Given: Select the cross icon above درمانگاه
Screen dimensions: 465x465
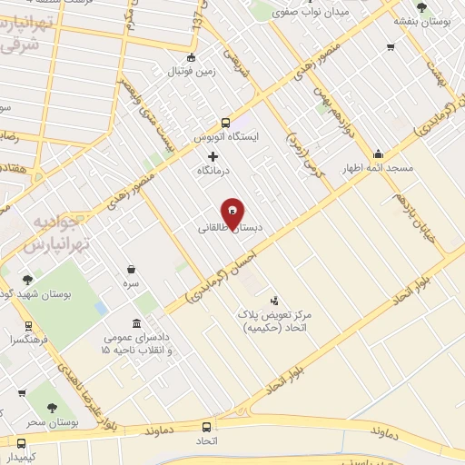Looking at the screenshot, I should (213, 156).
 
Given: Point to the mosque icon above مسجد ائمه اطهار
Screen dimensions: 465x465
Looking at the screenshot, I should (378, 153).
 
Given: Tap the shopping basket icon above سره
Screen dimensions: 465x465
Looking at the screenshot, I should (132, 269).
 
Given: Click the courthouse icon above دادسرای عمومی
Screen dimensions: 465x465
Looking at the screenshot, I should (136, 324).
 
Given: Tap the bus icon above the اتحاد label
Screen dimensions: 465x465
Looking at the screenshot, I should (207, 426).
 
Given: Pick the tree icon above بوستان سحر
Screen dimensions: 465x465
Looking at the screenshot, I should (41, 409).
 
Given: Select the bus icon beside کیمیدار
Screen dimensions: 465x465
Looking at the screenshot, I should (22, 443).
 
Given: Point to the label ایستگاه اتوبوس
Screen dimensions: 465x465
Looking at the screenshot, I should (226, 138).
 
